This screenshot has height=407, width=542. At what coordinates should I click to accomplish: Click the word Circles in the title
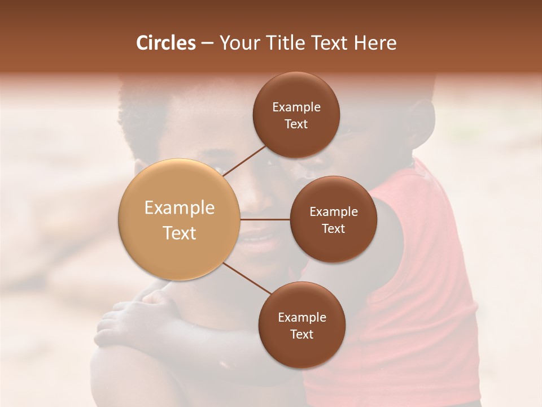pyautogui.click(x=166, y=43)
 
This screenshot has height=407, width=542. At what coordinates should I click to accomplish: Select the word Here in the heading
pyautogui.click(x=375, y=43)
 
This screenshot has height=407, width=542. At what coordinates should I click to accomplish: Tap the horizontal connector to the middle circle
pyautogui.click(x=265, y=219)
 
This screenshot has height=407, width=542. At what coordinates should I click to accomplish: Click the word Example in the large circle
pyautogui.click(x=179, y=207)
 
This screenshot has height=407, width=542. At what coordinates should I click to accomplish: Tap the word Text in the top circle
pyautogui.click(x=296, y=124)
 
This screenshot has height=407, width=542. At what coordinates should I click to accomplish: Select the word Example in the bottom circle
pyautogui.click(x=301, y=317)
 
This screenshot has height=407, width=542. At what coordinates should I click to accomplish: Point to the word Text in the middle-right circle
pyautogui.click(x=334, y=228)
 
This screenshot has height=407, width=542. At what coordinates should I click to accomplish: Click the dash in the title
pyautogui.click(x=207, y=43)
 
